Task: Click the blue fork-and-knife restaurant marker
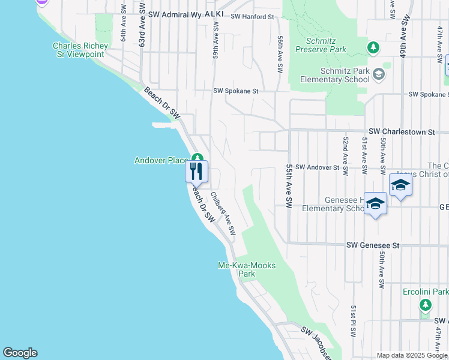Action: tap(196, 172)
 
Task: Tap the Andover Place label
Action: tap(161, 160)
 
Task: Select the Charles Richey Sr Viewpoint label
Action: tap(80, 50)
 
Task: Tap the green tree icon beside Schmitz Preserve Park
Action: tap(373, 47)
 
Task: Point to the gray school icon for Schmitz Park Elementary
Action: tap(378, 74)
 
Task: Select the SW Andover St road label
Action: tap(318, 167)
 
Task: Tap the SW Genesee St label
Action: tap(372, 245)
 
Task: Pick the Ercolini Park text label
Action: tap(426, 292)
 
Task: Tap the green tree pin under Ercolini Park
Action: tap(426, 305)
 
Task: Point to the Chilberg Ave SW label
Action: tap(223, 214)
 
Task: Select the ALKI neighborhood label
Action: tap(214, 13)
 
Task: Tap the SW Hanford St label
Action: tap(252, 17)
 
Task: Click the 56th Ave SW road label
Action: tap(280, 54)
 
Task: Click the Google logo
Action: tap(20, 353)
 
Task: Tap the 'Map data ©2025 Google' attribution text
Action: tap(412, 355)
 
